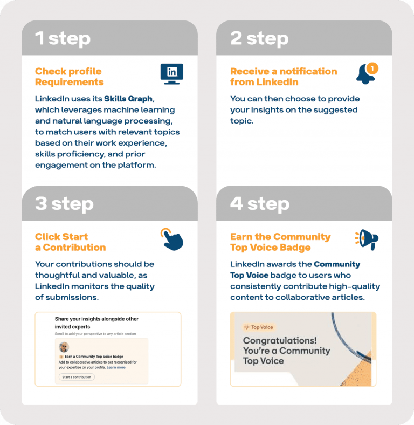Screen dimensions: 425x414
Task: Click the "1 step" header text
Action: coord(63,38)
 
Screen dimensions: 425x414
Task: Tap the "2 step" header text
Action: coord(259,38)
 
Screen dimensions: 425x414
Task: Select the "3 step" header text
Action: coord(64,204)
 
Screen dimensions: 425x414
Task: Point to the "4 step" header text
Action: coord(260,204)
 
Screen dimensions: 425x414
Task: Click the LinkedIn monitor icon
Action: coord(172,73)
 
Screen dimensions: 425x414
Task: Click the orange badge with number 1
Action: coord(372,68)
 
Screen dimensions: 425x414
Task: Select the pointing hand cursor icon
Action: coord(172,239)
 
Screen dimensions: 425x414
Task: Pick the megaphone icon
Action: coord(367,238)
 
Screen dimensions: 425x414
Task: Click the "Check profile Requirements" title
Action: coord(69,77)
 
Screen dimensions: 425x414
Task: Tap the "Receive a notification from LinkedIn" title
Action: coord(283,77)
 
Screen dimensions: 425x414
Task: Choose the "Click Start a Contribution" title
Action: coord(70,242)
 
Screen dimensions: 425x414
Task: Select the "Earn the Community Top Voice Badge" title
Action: coord(280,242)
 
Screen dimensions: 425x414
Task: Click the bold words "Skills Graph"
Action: coord(128,99)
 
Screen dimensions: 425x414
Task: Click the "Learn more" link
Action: coord(116,367)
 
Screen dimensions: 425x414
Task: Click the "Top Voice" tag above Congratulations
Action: coord(259,327)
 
